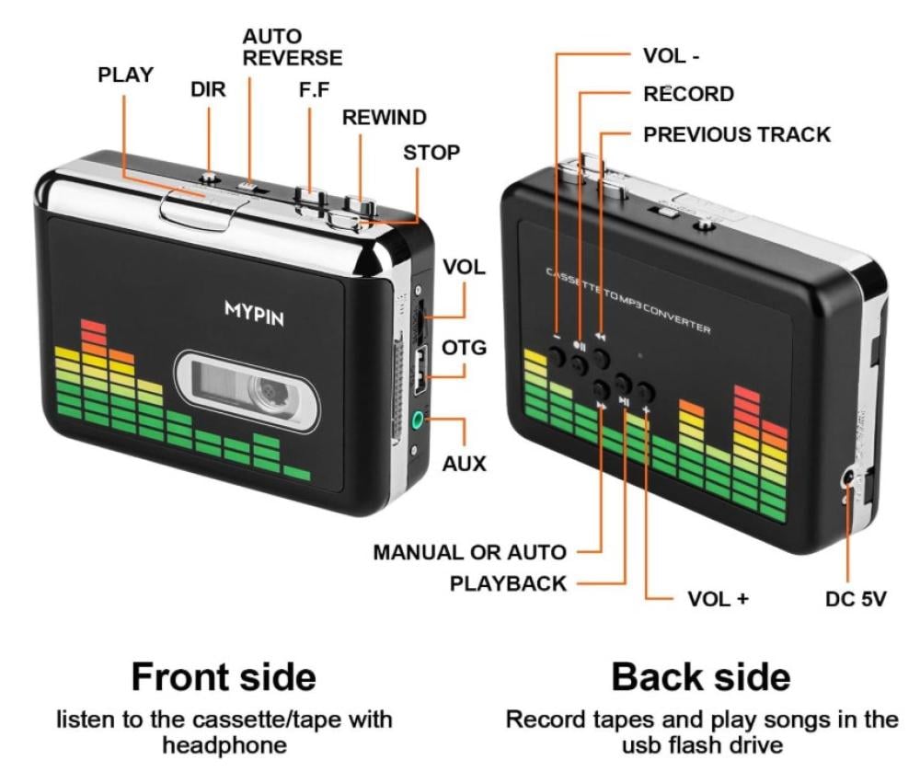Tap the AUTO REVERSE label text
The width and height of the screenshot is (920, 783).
coord(292,47)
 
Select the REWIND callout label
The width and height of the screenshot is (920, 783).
coord(385,117)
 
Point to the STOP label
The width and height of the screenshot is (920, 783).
coord(431,152)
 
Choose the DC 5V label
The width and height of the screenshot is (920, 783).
coord(855,599)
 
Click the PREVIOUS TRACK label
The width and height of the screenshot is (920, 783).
coord(737,134)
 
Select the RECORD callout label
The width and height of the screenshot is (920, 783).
coord(688,94)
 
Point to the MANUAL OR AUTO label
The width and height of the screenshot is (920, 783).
coord(469,553)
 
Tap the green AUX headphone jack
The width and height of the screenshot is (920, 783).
coord(419,421)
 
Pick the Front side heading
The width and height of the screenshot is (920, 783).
coord(224,678)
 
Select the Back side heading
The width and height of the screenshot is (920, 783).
coord(700,678)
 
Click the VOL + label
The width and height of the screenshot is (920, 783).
coord(719,599)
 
